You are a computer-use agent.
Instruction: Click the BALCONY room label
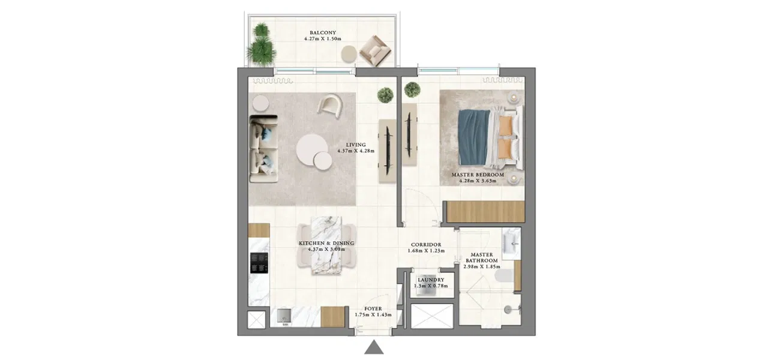click(x=322, y=32)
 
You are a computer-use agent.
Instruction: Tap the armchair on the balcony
click(x=374, y=50)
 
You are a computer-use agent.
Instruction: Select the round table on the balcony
click(x=349, y=54)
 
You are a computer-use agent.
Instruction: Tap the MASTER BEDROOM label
click(x=478, y=175)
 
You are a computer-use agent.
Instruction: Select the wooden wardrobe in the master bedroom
click(x=483, y=212)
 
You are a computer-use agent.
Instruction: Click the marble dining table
click(x=326, y=244)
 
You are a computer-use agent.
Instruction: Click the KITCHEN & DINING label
click(x=326, y=243)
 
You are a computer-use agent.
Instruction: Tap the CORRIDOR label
click(x=426, y=245)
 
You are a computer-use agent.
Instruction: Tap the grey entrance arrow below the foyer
click(x=374, y=347)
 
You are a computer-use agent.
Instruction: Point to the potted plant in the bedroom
click(x=412, y=90)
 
